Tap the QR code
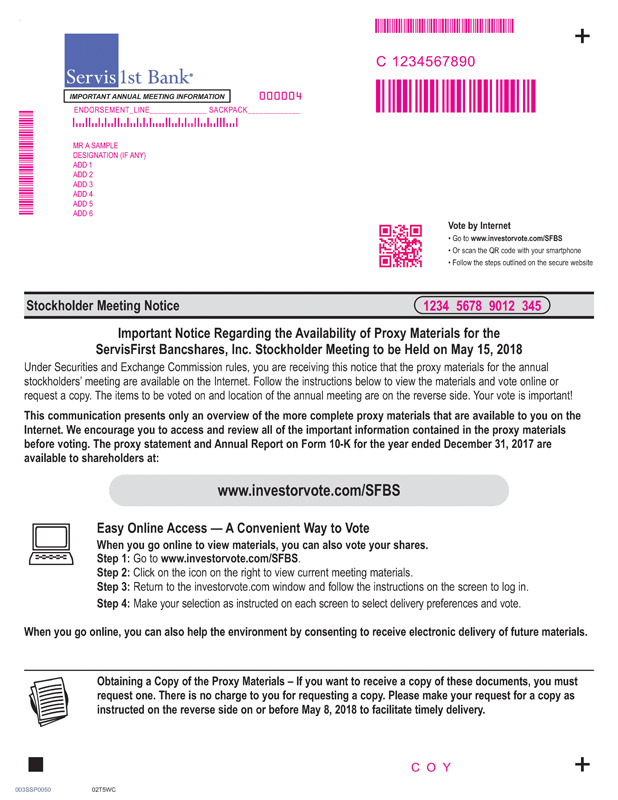(400, 246)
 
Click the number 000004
(280, 96)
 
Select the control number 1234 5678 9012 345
(481, 306)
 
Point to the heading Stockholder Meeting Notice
(103, 306)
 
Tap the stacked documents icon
(47, 697)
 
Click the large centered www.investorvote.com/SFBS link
(308, 490)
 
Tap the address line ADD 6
(83, 214)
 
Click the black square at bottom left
(37, 765)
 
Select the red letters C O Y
(432, 767)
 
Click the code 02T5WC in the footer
(104, 790)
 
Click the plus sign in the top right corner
(583, 37)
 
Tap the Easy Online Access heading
(233, 529)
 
